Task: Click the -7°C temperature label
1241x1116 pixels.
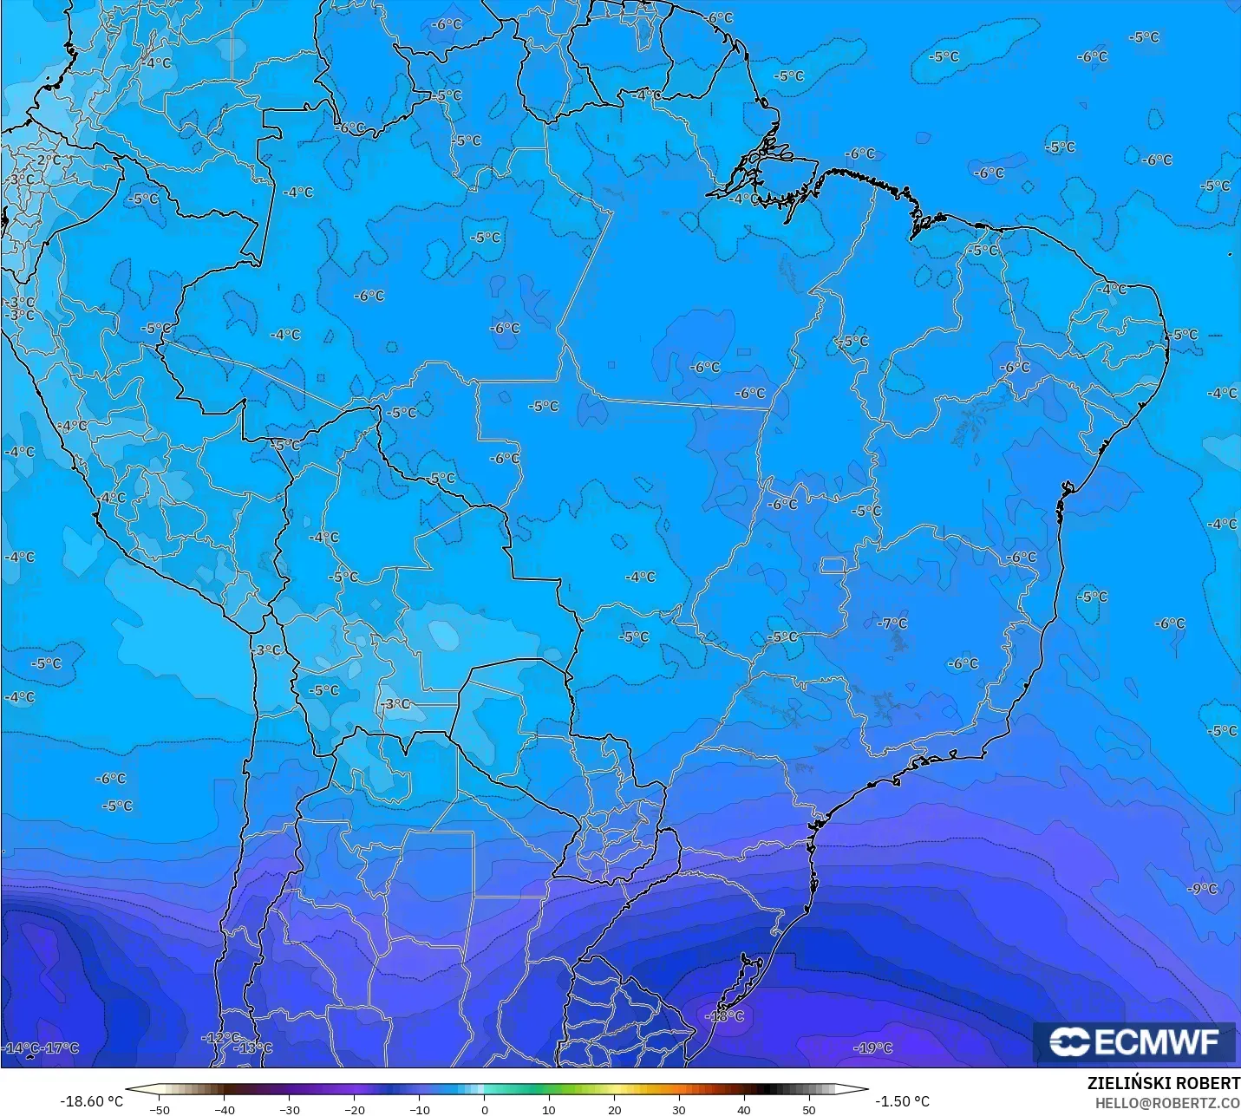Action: tap(892, 623)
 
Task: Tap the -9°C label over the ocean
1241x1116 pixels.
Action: tap(1203, 889)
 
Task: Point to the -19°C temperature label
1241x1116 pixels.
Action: tap(873, 1048)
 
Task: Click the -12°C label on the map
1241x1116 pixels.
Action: tap(220, 1037)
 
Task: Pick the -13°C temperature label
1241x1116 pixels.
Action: tap(254, 1048)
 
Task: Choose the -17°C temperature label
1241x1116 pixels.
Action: tap(61, 1048)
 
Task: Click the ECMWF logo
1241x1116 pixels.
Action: tap(1133, 1041)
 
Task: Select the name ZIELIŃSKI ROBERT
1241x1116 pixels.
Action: tap(1164, 1084)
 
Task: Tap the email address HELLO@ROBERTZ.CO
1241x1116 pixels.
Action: tap(1167, 1103)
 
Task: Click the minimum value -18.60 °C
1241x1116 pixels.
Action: tap(91, 1101)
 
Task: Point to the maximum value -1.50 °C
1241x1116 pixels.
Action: tap(902, 1101)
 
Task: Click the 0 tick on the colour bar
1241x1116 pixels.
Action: tap(484, 1110)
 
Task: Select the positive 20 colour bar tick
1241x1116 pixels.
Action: tap(614, 1110)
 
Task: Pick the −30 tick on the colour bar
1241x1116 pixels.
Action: tap(289, 1110)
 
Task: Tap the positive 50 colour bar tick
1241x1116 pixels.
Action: tap(809, 1110)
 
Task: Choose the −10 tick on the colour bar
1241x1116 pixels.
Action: tap(419, 1110)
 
